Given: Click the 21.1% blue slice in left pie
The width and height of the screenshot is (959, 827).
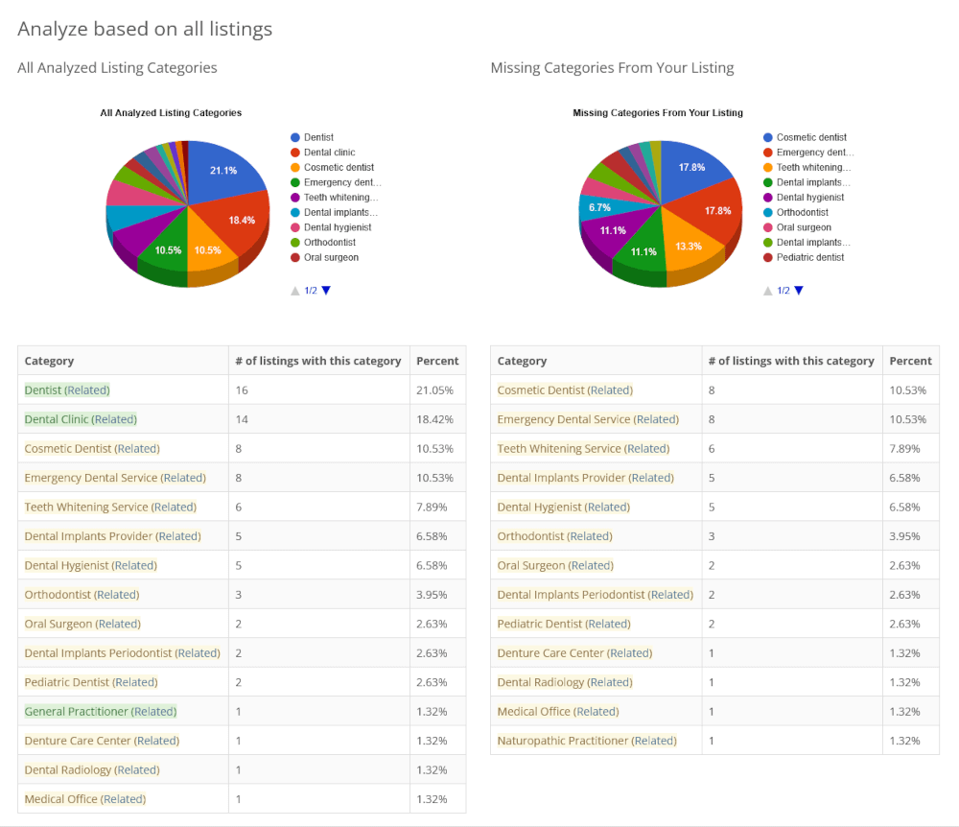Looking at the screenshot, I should click(x=222, y=171).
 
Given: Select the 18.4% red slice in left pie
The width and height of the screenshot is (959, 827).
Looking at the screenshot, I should click(x=240, y=221).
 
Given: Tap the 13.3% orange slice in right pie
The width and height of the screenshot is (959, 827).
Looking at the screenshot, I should click(x=688, y=246).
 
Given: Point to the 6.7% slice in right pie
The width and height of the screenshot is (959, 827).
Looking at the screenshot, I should click(x=599, y=208).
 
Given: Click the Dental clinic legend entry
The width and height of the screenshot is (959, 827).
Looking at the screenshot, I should click(x=329, y=153).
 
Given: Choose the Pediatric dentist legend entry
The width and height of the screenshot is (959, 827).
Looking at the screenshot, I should click(x=810, y=258).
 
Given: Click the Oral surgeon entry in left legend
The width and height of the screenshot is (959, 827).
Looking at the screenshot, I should click(x=331, y=258).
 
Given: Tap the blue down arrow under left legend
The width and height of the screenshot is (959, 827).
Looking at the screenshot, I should click(x=326, y=290).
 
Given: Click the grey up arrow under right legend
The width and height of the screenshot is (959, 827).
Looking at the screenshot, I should click(x=768, y=291).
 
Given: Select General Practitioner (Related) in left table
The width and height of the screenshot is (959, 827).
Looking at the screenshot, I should click(x=101, y=712).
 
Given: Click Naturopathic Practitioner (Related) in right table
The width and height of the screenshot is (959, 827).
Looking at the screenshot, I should click(x=587, y=741).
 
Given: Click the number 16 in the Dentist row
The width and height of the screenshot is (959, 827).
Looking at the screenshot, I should click(x=241, y=390).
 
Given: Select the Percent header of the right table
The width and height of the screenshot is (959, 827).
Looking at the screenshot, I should click(x=910, y=361).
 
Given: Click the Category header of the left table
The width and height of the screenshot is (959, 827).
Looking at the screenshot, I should click(x=49, y=361).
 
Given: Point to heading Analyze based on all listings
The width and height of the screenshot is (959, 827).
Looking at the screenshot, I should click(x=145, y=29).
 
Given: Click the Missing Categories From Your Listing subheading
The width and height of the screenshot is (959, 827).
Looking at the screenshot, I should click(x=612, y=68).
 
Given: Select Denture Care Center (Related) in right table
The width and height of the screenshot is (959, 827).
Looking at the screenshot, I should click(x=574, y=653).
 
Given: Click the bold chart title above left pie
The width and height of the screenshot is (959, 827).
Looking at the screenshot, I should click(x=171, y=113).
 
